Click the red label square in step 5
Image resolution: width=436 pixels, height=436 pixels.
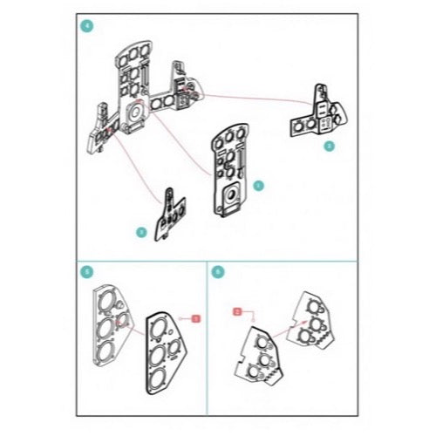pos(196,319)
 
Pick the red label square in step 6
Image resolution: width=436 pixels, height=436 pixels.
pos(237,310)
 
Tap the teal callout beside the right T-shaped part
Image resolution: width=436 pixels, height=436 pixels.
pos(329,146)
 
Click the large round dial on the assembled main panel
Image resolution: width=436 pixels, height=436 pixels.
pos(137,112)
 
